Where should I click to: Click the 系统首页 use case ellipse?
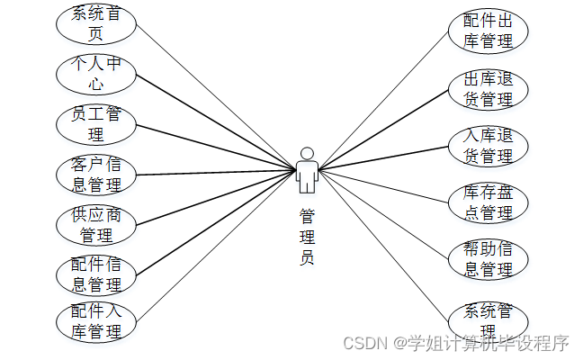[95, 24]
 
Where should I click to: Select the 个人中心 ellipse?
[95, 76]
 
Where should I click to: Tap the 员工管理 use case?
[95, 125]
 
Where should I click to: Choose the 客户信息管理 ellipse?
[95, 175]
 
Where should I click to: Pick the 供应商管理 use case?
[95, 225]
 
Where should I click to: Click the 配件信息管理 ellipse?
[95, 274]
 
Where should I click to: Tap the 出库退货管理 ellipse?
[488, 88]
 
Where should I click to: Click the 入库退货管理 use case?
[488, 146]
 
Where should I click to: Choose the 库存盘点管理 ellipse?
[488, 203]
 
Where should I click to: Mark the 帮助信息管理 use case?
[488, 258]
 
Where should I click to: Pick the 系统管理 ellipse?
[488, 319]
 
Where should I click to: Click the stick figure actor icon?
[307, 171]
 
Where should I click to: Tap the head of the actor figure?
[307, 153]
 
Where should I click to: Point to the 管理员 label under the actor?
[307, 236]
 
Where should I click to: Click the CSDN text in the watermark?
[363, 343]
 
